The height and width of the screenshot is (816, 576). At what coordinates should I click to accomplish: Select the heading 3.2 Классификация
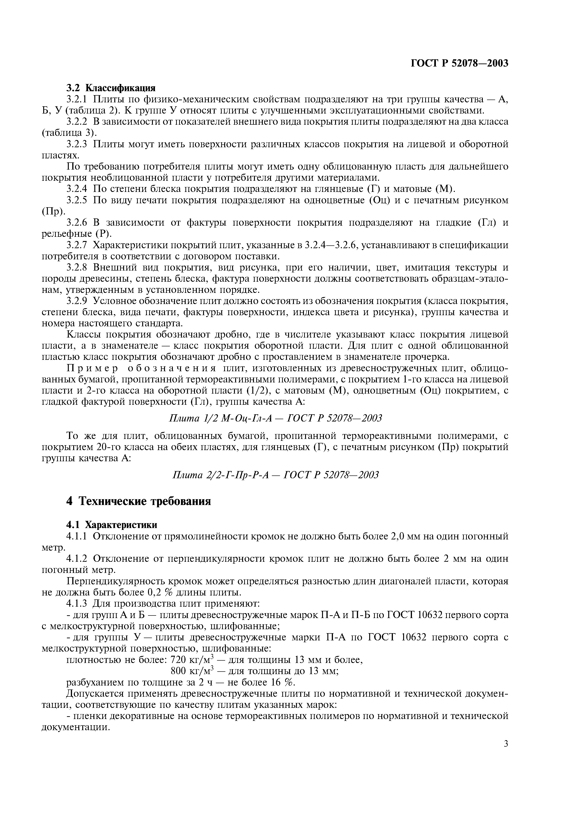click(x=111, y=88)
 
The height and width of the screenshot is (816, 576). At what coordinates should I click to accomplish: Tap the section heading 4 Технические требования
click(x=138, y=501)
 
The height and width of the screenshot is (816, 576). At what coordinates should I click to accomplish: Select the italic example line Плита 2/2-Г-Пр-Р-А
click(x=275, y=475)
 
